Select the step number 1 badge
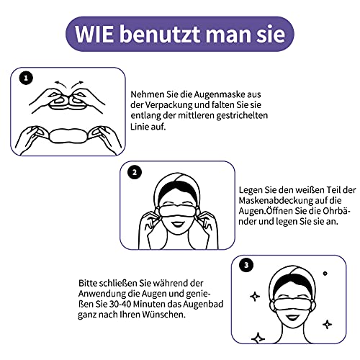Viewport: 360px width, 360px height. [x=27, y=78]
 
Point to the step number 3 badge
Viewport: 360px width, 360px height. [x=247, y=266]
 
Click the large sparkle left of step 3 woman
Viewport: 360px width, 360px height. [x=254, y=296]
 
